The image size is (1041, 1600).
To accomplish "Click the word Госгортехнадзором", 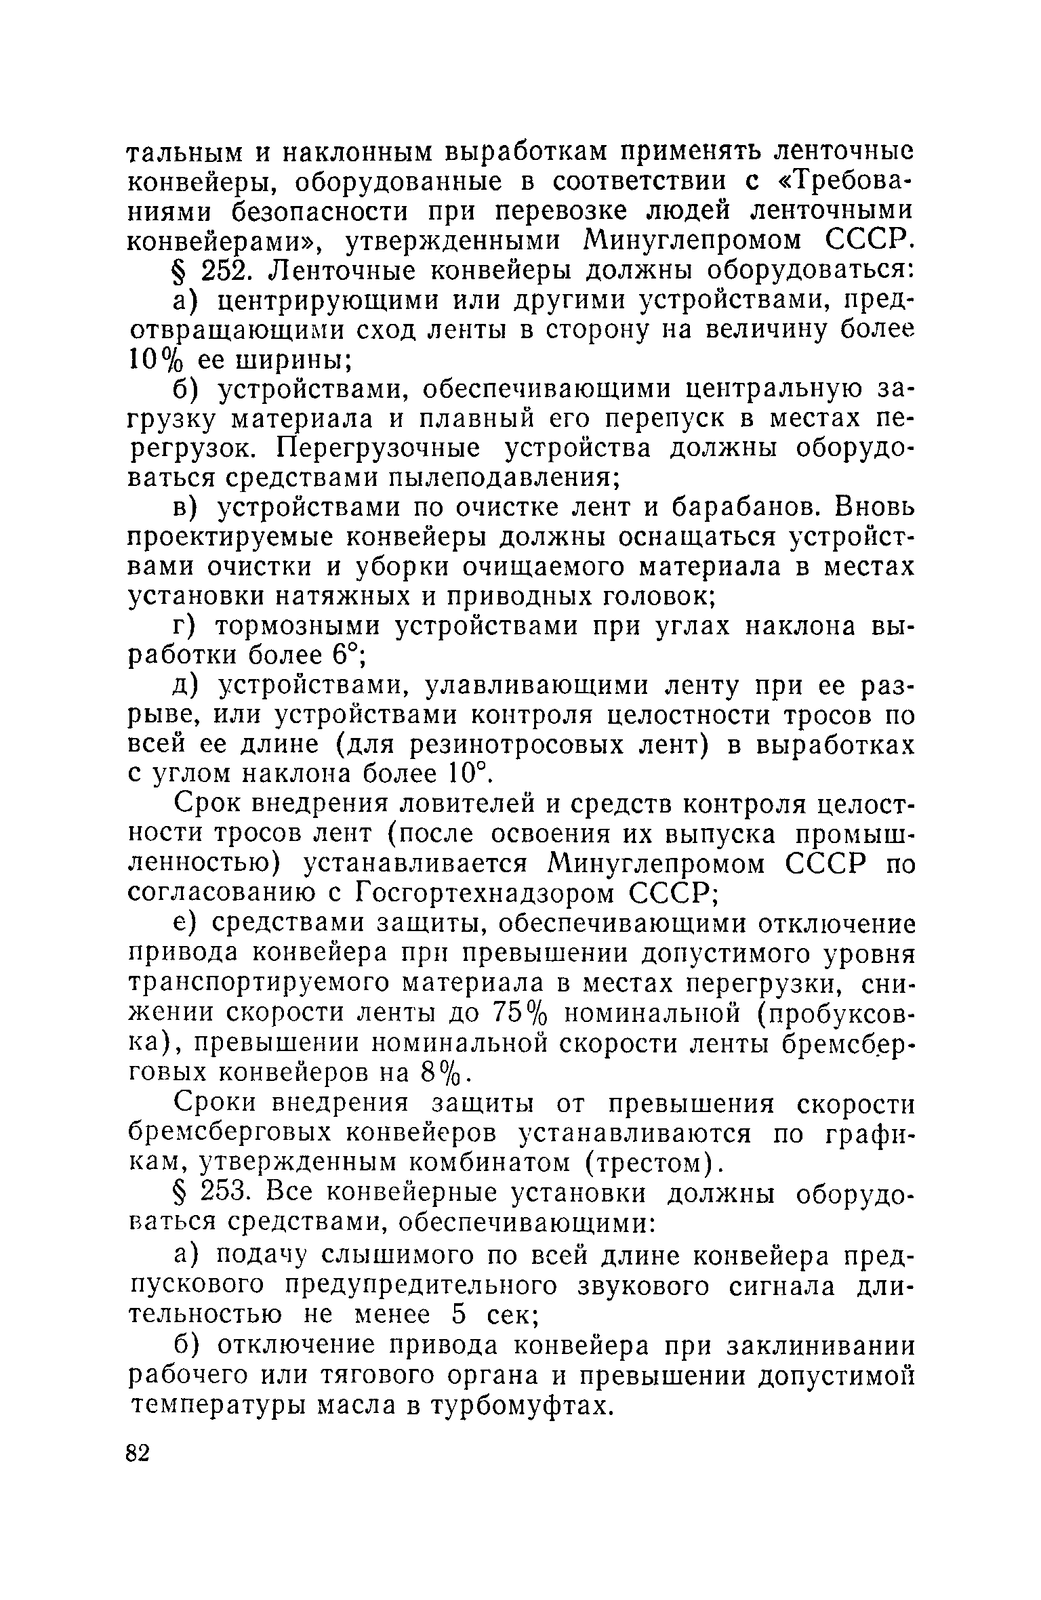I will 485,894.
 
